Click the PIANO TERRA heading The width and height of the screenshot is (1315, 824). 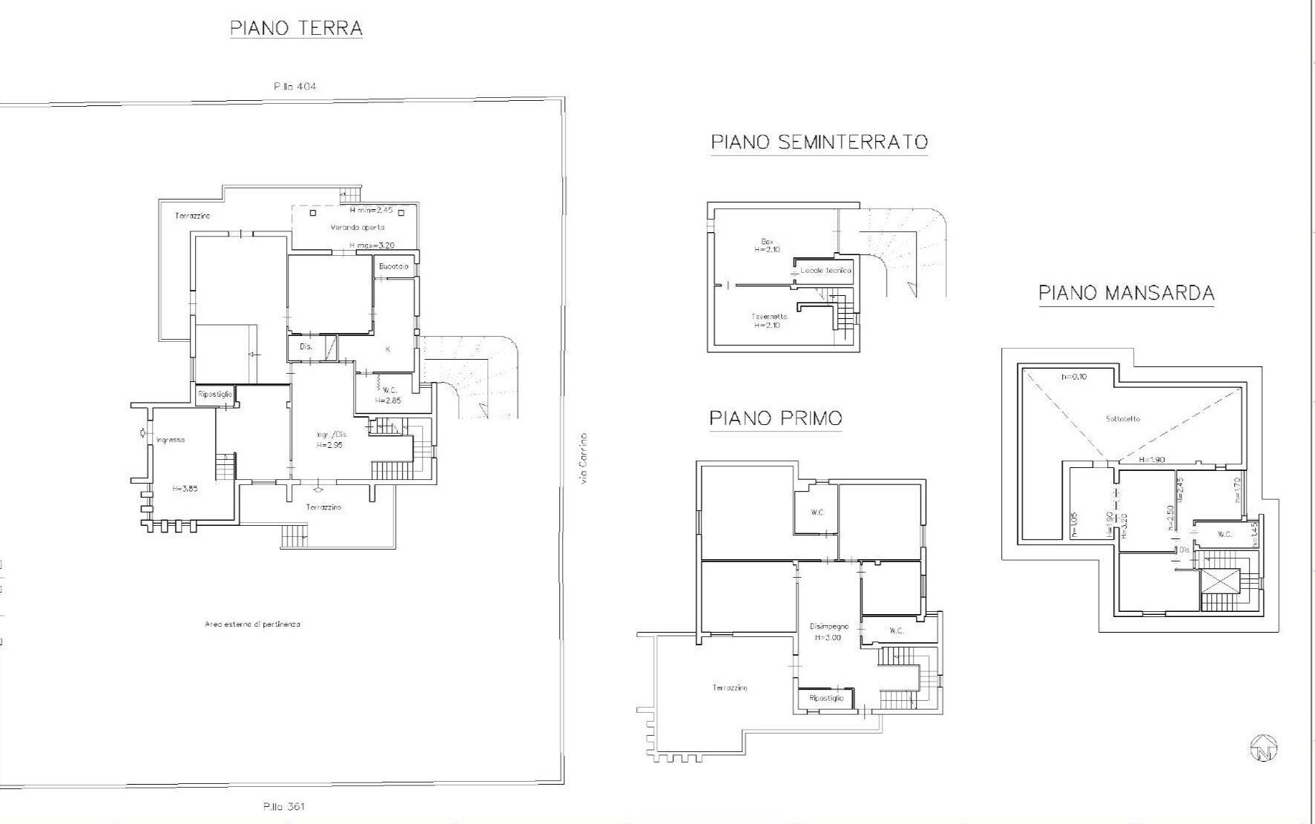pyautogui.click(x=296, y=29)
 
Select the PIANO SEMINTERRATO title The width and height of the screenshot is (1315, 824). pyautogui.click(x=819, y=142)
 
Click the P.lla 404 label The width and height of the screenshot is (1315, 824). pyautogui.click(x=294, y=87)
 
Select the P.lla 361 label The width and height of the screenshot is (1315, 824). pyautogui.click(x=283, y=807)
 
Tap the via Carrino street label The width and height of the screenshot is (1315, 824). pyautogui.click(x=584, y=459)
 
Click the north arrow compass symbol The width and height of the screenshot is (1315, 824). pyautogui.click(x=1264, y=748)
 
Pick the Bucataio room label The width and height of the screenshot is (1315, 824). pyautogui.click(x=393, y=266)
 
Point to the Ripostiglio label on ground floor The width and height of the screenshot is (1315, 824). pyautogui.click(x=215, y=395)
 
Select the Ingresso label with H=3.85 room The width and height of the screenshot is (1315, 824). pyautogui.click(x=171, y=440)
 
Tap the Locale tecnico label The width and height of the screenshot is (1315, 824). pyautogui.click(x=825, y=271)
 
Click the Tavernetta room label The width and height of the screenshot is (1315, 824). pyautogui.click(x=769, y=317)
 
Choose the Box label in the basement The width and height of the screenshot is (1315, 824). pyautogui.click(x=768, y=242)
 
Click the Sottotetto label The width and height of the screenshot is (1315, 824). pyautogui.click(x=1123, y=419)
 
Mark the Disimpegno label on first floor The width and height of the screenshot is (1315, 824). pyautogui.click(x=828, y=627)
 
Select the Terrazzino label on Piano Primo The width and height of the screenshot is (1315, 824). pyautogui.click(x=730, y=688)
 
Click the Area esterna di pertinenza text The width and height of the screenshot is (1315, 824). pyautogui.click(x=252, y=624)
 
